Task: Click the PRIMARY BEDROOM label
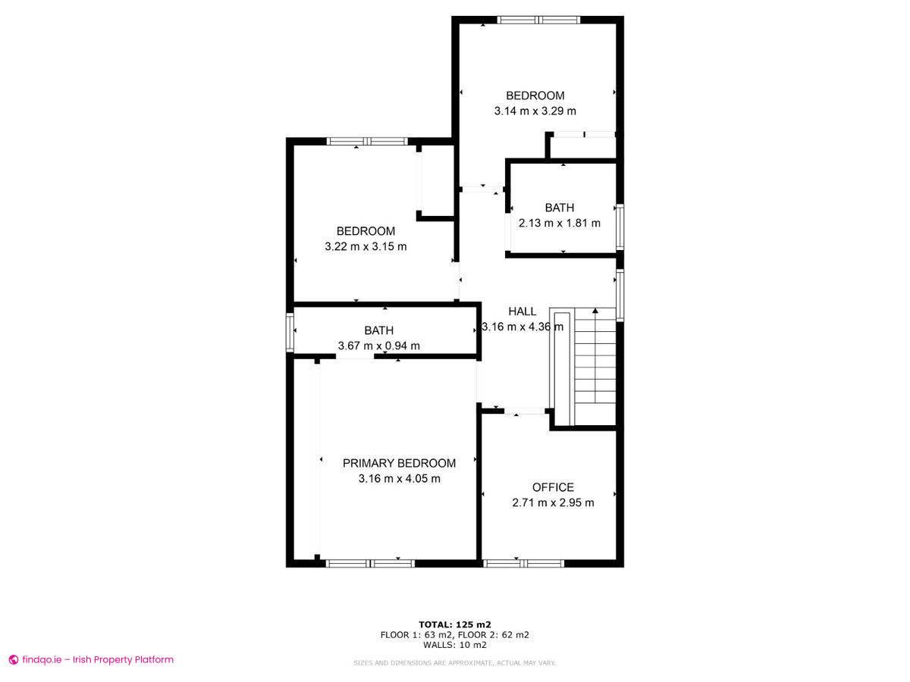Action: click(x=399, y=463)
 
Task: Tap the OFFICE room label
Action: click(x=553, y=487)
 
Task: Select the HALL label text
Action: click(x=522, y=311)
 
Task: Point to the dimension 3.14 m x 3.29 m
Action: click(x=535, y=111)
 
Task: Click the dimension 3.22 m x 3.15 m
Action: click(x=366, y=246)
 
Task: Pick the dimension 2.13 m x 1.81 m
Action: click(x=559, y=223)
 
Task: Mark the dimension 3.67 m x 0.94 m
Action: click(x=378, y=346)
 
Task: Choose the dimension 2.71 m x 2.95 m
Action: click(x=553, y=502)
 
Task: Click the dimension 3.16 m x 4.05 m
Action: click(x=399, y=478)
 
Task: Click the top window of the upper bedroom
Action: click(x=538, y=20)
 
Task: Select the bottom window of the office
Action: click(x=523, y=563)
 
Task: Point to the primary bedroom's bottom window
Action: click(x=370, y=563)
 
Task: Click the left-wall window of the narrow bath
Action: click(x=290, y=333)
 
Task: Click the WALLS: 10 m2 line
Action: click(x=455, y=645)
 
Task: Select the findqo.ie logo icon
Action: click(x=13, y=660)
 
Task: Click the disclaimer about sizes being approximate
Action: click(x=455, y=663)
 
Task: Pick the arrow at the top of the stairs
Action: click(x=595, y=311)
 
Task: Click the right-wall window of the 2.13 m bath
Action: click(x=620, y=227)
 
